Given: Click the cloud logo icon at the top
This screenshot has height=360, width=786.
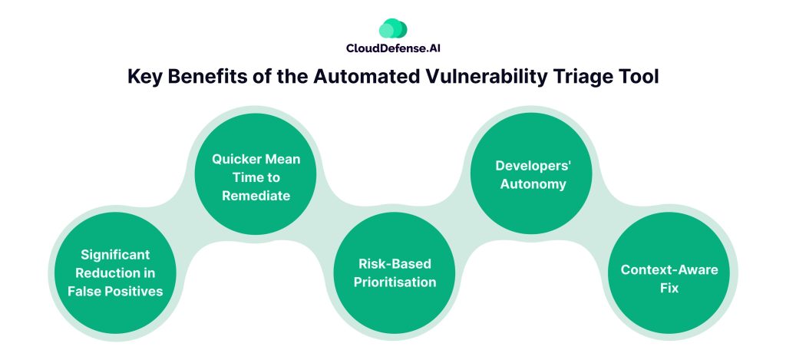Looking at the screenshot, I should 393,28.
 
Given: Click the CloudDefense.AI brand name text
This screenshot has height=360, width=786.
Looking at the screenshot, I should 393,48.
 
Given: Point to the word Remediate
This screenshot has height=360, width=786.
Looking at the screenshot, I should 256,196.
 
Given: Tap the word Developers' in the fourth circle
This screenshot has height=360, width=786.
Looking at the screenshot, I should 530,165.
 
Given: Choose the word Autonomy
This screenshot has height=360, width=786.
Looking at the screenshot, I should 530,183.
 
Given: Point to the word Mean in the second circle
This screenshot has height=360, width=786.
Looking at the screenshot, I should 281,159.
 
